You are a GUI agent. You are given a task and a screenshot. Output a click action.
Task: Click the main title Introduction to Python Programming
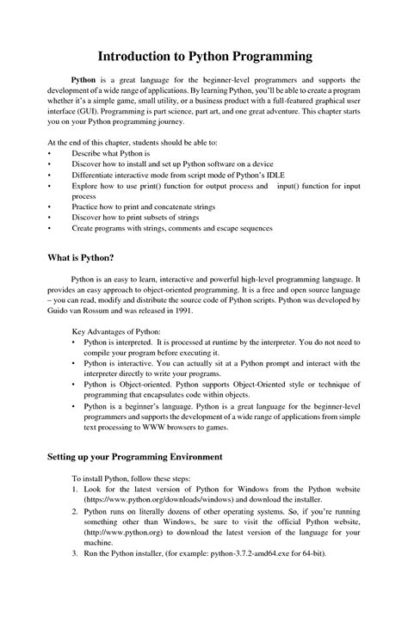[x=204, y=57]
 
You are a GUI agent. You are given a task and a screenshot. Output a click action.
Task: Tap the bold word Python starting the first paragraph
[x=83, y=79]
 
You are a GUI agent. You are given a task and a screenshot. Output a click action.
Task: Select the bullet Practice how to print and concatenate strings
[x=144, y=207]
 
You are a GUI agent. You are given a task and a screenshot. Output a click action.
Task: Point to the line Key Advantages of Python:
[x=114, y=331]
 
